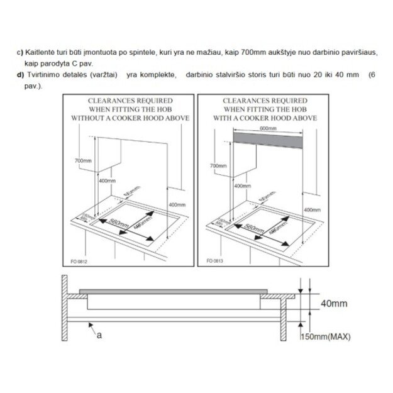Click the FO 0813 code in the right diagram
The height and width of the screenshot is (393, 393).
pyautogui.click(x=215, y=260)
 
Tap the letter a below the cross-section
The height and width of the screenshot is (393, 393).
pyautogui.click(x=99, y=336)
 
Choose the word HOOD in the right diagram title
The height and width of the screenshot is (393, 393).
pyautogui.click(x=289, y=118)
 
